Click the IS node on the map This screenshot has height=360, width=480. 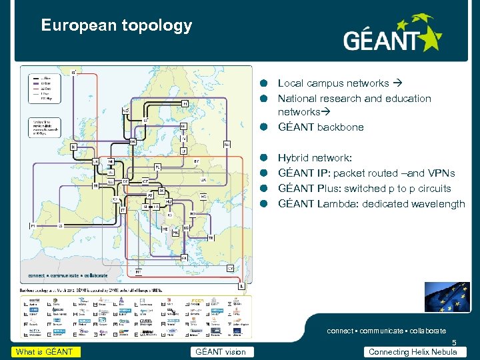tap(73, 71)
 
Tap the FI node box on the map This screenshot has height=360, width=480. tap(185, 103)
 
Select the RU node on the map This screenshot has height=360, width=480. tap(227, 144)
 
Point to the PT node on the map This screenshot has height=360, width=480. tap(33, 226)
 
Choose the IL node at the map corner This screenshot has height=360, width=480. tap(241, 285)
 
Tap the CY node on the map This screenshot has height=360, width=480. tap(231, 267)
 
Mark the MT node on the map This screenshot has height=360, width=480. tap(139, 271)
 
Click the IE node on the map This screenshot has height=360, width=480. tap(73, 146)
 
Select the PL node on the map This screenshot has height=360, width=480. tap(157, 166)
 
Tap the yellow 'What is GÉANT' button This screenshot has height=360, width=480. tap(44, 352)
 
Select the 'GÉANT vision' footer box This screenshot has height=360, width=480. tap(219, 352)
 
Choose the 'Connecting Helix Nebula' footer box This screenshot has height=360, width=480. tap(413, 352)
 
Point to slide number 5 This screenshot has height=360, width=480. tap(454, 343)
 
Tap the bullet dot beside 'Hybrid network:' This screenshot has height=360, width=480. tap(264, 158)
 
